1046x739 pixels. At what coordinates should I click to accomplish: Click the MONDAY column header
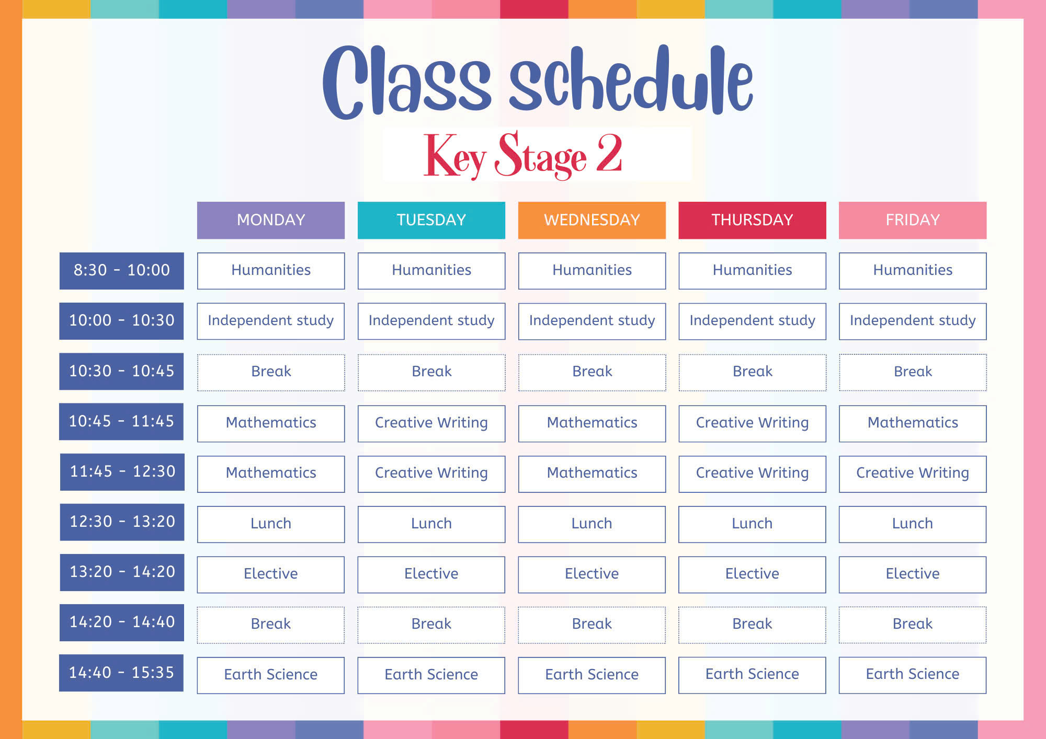pyautogui.click(x=271, y=220)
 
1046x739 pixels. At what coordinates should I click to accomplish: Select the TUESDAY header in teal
pyautogui.click(x=431, y=220)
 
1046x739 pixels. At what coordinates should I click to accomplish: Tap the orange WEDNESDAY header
pyautogui.click(x=592, y=220)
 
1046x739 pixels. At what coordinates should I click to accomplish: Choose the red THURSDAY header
pyautogui.click(x=752, y=220)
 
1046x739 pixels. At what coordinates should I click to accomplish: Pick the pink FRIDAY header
pyautogui.click(x=913, y=220)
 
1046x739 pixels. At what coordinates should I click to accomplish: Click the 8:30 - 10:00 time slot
pyautogui.click(x=122, y=271)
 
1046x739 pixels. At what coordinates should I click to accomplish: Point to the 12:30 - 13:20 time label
pyautogui.click(x=122, y=522)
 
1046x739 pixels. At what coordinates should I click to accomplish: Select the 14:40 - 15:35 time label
pyautogui.click(x=121, y=673)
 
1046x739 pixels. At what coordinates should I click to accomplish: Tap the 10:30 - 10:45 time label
pyautogui.click(x=121, y=371)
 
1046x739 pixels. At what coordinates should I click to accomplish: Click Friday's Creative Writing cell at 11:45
pyautogui.click(x=913, y=474)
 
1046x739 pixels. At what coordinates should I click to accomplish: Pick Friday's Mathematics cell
pyautogui.click(x=913, y=423)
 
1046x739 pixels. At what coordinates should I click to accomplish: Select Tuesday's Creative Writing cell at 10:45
pyautogui.click(x=431, y=423)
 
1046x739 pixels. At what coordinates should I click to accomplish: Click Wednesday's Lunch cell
pyautogui.click(x=592, y=524)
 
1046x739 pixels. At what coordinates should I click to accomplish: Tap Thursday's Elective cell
pyautogui.click(x=752, y=574)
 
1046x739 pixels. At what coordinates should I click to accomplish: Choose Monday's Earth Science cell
pyautogui.click(x=271, y=675)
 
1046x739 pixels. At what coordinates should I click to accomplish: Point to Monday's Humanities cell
pyautogui.click(x=271, y=271)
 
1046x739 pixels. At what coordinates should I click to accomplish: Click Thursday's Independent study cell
pyautogui.click(x=752, y=321)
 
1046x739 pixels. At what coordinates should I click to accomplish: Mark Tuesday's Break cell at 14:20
pyautogui.click(x=431, y=625)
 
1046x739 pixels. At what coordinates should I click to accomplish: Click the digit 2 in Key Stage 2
pyautogui.click(x=609, y=153)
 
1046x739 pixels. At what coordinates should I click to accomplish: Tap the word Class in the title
pyautogui.click(x=406, y=82)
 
